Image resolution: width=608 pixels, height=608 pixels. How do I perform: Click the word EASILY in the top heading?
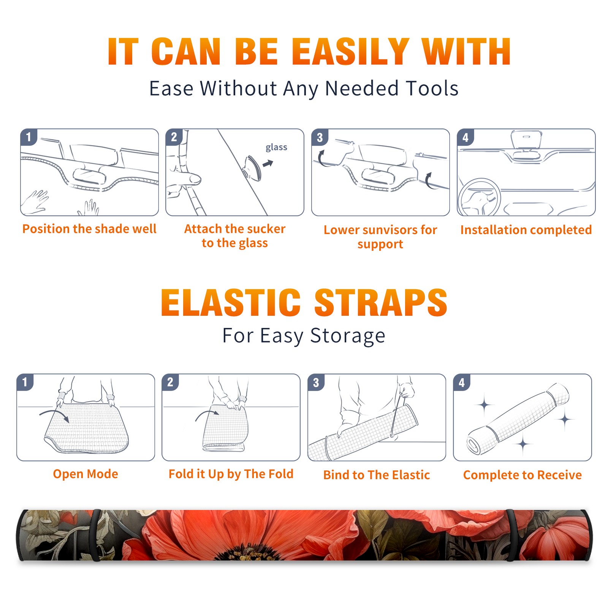[350, 52]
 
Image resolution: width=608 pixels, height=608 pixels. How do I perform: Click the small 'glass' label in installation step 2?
[276, 147]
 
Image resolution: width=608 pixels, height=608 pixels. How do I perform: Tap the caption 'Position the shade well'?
[89, 229]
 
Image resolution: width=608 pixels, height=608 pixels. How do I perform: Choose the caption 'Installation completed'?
[526, 230]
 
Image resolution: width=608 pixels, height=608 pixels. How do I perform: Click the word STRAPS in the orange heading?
[381, 302]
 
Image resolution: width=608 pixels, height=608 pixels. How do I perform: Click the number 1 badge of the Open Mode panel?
[25, 382]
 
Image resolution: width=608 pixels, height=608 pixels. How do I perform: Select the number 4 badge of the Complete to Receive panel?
[462, 382]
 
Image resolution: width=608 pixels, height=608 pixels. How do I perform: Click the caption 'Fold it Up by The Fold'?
[231, 474]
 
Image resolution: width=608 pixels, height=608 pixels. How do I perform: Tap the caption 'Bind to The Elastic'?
[377, 475]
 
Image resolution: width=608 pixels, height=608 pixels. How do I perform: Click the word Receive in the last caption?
[559, 475]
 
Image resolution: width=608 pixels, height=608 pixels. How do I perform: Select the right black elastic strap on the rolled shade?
[511, 535]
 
